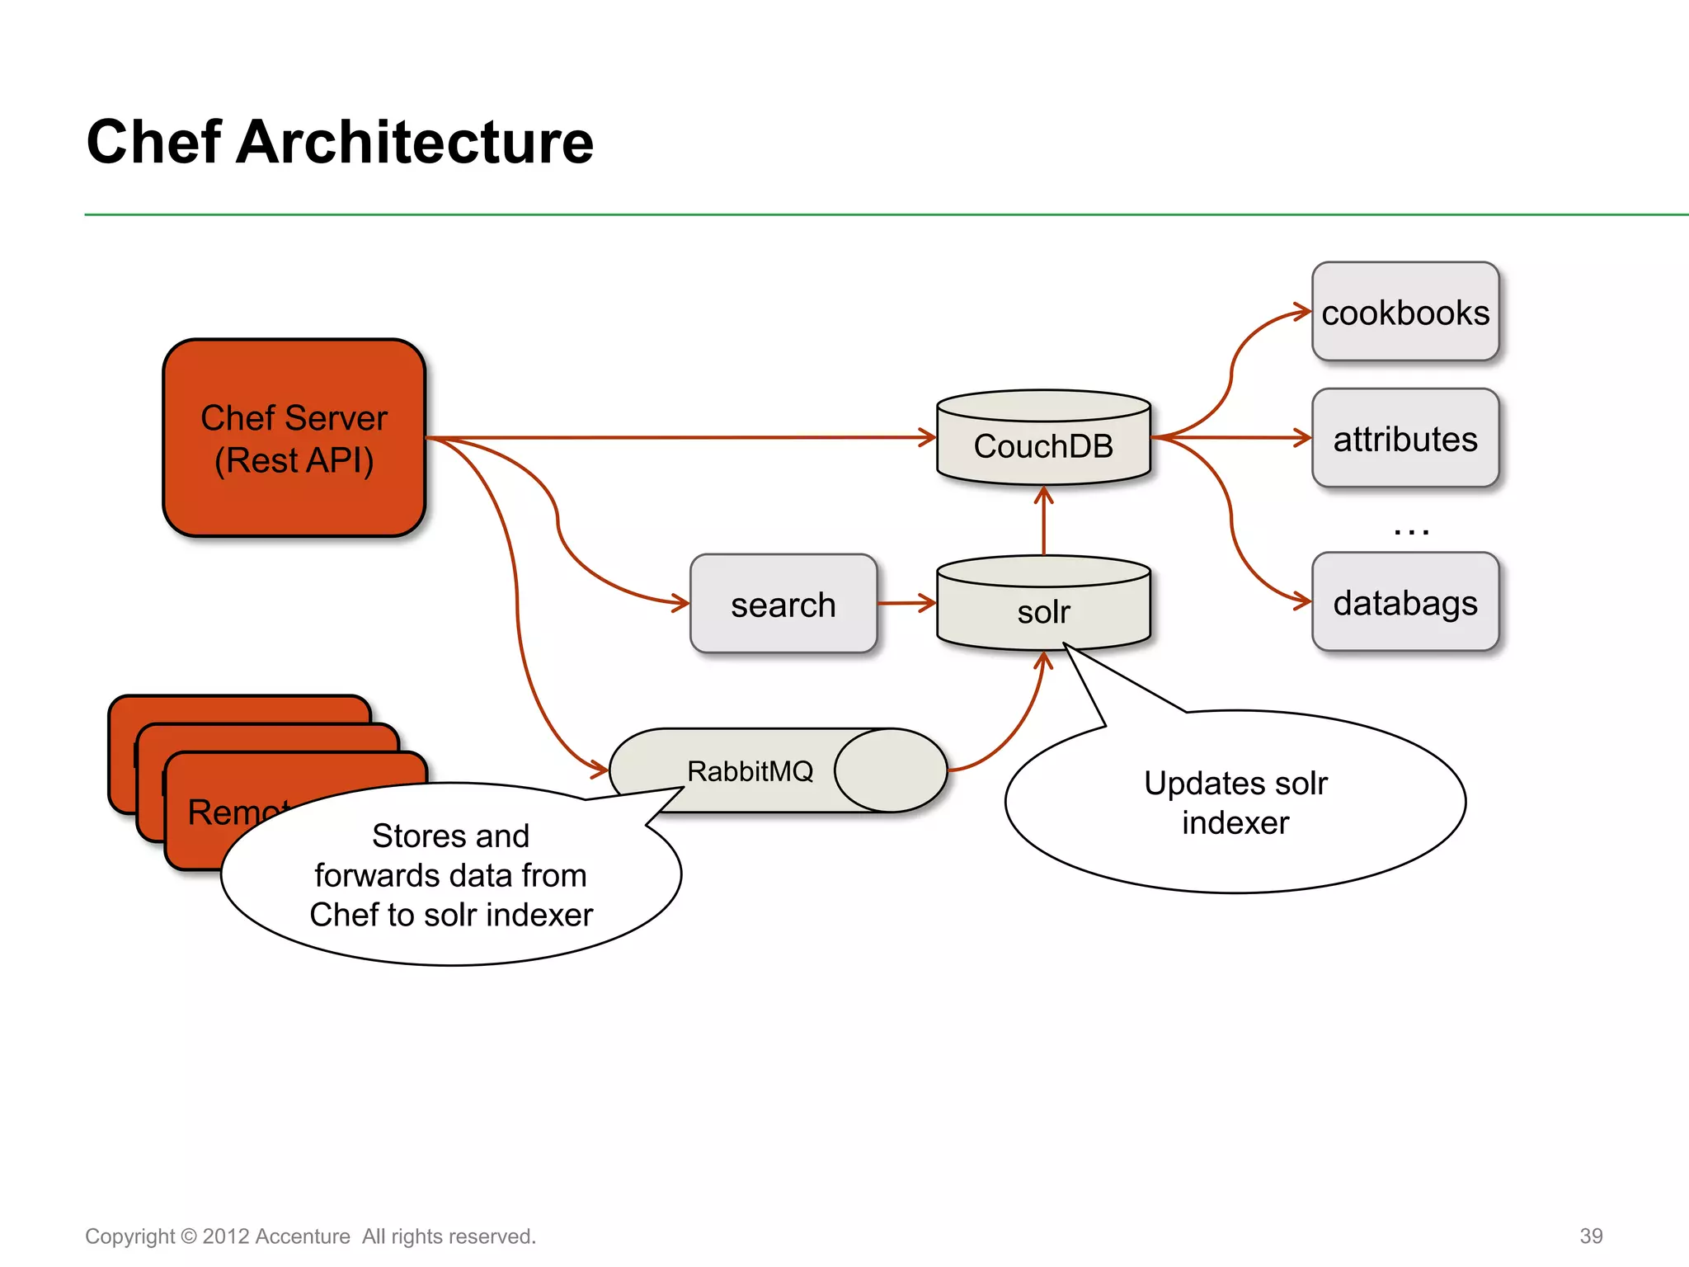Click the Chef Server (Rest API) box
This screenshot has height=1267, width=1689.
click(x=294, y=438)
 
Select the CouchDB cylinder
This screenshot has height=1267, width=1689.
click(x=1043, y=445)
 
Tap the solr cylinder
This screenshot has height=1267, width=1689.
click(x=1043, y=611)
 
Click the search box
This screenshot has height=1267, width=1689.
click(x=783, y=605)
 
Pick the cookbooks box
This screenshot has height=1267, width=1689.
click(x=1405, y=313)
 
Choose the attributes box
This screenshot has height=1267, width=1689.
click(x=1405, y=439)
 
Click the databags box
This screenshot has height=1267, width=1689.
click(x=1405, y=603)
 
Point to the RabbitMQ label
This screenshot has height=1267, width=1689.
click(x=750, y=771)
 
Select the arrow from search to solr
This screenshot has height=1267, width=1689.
click(x=906, y=603)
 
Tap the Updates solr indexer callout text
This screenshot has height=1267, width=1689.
click(x=1235, y=803)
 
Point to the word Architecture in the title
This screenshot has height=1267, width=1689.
click(x=414, y=142)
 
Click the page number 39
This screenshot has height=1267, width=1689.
click(x=1591, y=1236)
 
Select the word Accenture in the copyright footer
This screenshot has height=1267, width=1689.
click(x=302, y=1236)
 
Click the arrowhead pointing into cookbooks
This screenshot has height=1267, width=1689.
click(x=1304, y=312)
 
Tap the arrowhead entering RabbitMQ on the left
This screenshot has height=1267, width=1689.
click(x=600, y=770)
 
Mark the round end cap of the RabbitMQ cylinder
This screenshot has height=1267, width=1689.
click(x=891, y=770)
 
